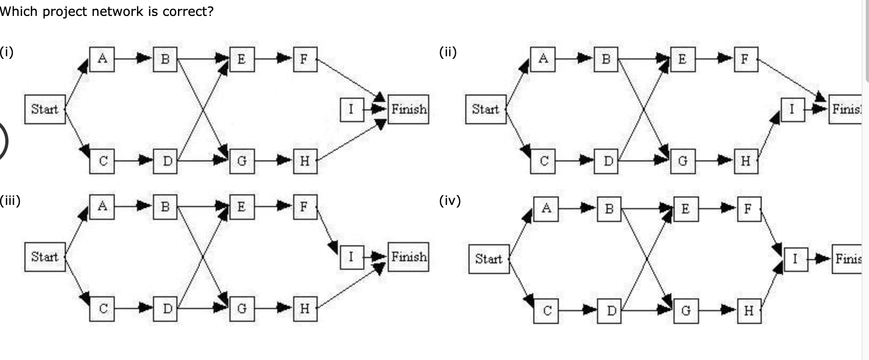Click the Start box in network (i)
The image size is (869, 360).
point(45,109)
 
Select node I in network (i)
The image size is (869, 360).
point(351,109)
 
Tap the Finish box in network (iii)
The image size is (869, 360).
point(408,257)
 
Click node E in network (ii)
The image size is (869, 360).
point(682,59)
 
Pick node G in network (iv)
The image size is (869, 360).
point(685,311)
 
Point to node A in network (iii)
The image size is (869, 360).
point(102,206)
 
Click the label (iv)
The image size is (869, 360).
point(450,201)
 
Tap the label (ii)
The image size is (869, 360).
point(448,52)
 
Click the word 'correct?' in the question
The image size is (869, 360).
point(188,11)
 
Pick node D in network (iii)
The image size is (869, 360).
point(166,308)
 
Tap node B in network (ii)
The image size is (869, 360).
point(606,59)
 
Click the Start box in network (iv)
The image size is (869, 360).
point(488,259)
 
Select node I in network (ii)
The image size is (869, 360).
point(792,109)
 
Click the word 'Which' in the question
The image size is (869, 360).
point(19,11)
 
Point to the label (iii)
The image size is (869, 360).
point(10,201)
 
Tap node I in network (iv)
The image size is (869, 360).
point(795,259)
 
